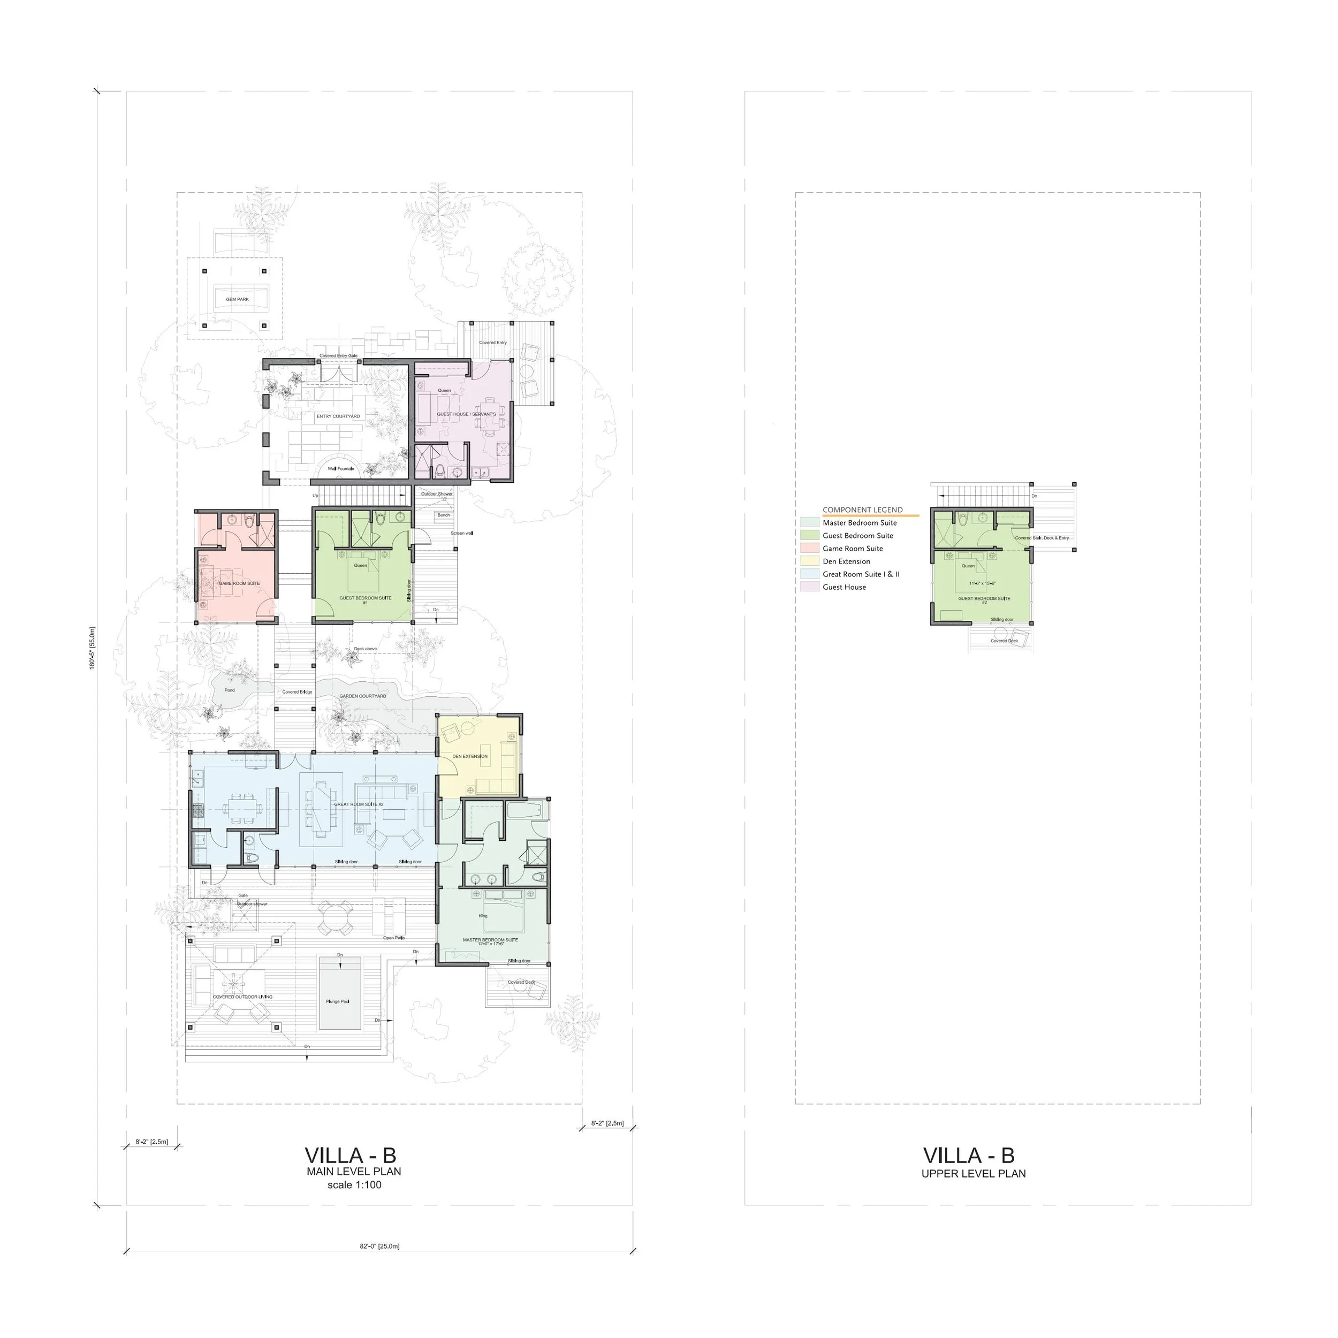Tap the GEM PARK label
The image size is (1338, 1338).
point(238,300)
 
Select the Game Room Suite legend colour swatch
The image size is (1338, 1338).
point(810,549)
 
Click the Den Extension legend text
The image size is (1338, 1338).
point(846,561)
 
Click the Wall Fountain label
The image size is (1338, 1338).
point(341,469)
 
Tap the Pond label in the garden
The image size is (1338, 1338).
point(230,690)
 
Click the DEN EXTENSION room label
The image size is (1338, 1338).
point(470,756)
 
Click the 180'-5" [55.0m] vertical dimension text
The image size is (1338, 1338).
point(92,648)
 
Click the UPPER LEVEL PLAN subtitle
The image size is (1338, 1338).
point(973,1174)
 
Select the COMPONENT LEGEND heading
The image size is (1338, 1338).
point(862,510)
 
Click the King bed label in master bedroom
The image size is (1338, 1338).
point(483,916)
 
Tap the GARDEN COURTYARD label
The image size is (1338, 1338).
point(363,696)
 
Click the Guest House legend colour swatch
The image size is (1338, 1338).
point(810,587)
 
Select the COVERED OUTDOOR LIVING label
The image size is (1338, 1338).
point(242,997)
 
